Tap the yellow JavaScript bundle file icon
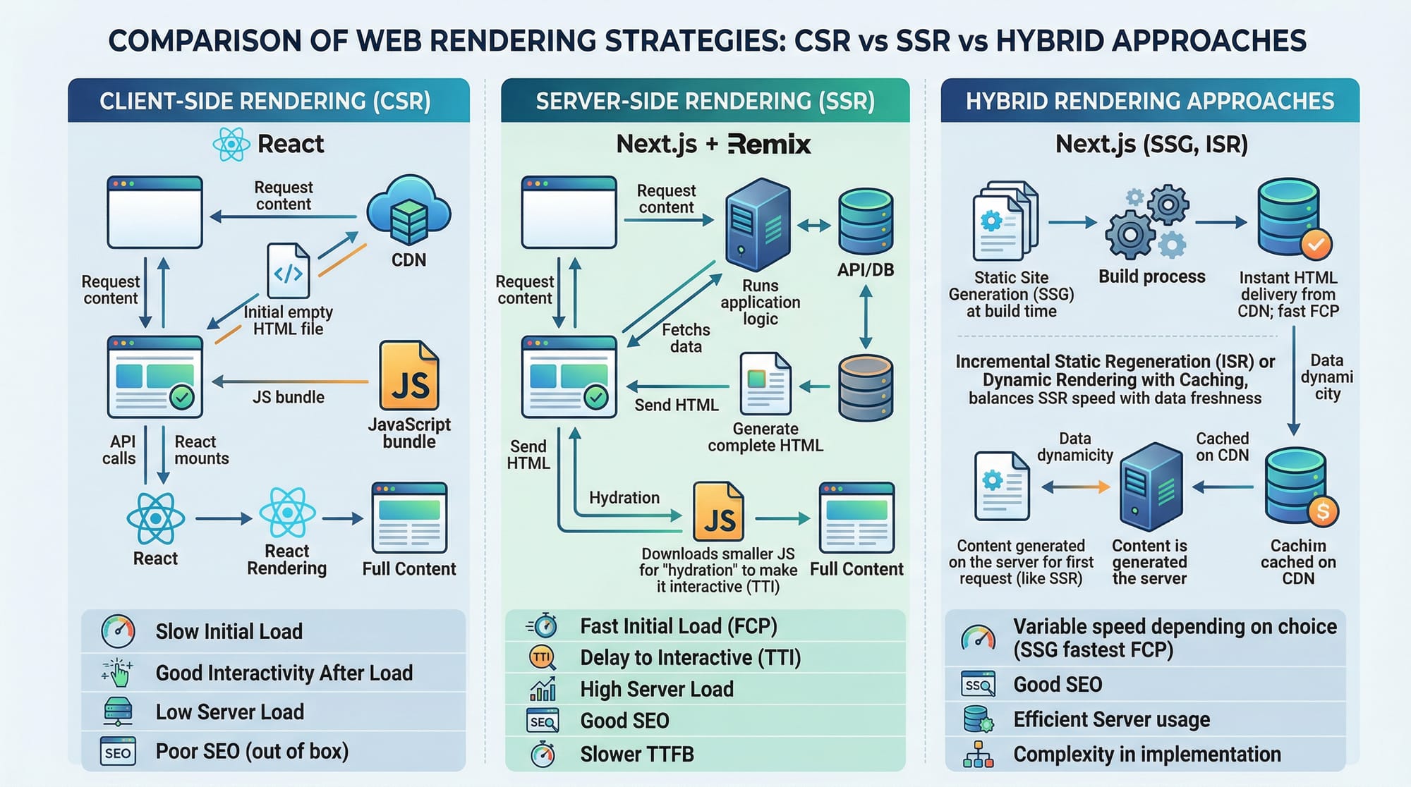[x=409, y=376]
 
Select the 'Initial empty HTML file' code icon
[x=289, y=271]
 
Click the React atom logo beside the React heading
[x=231, y=145]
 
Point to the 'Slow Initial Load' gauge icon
[x=118, y=631]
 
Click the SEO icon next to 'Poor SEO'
[x=118, y=752]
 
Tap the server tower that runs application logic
[x=758, y=224]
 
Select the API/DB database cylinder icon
[x=866, y=221]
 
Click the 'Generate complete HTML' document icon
[x=765, y=384]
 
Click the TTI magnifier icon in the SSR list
[x=543, y=658]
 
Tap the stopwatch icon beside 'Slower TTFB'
[x=543, y=755]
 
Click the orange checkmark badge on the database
[x=1316, y=244]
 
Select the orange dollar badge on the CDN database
[x=1322, y=511]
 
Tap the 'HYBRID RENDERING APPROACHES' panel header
[x=1150, y=101]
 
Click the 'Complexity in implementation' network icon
[x=979, y=755]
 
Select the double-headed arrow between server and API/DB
[x=813, y=226]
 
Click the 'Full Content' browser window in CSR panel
[x=409, y=518]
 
